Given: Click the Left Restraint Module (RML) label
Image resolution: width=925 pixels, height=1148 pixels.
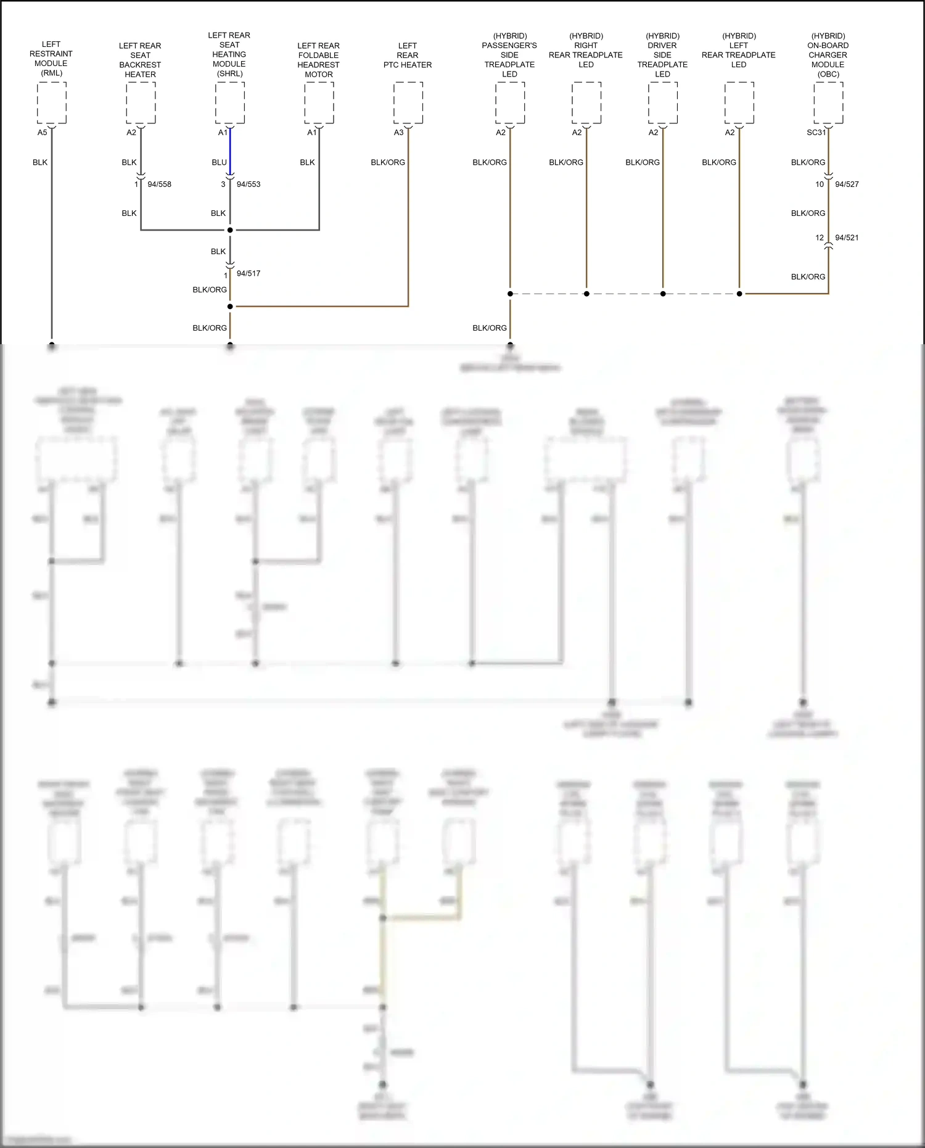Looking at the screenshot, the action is click(x=51, y=59).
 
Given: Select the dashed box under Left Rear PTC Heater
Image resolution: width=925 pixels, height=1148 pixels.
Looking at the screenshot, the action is click(x=408, y=103).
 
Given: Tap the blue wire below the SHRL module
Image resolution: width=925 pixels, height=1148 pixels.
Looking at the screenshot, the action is click(x=230, y=151).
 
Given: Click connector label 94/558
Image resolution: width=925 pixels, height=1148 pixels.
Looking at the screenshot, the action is click(x=159, y=184).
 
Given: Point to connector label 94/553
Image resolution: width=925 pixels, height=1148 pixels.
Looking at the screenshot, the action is click(x=249, y=184).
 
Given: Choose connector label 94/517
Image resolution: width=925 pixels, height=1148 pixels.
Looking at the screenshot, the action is click(x=249, y=273).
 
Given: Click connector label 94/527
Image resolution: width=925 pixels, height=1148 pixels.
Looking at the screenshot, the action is click(x=847, y=184).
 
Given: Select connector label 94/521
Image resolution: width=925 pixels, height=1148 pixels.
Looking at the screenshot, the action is click(x=847, y=237).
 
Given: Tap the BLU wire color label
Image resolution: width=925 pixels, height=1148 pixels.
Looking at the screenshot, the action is click(x=219, y=162).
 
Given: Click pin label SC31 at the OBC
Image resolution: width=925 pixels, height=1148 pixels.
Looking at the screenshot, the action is click(x=816, y=133).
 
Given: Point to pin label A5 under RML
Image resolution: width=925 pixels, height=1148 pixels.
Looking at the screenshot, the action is click(x=42, y=133).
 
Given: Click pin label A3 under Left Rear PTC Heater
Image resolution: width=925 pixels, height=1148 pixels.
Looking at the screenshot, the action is click(x=398, y=133).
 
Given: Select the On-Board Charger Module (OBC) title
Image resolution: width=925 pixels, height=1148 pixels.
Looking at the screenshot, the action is click(x=828, y=55).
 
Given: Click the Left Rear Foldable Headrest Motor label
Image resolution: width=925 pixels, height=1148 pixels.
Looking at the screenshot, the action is click(x=319, y=60).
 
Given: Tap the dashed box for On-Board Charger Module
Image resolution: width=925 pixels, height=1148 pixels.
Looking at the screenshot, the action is click(x=828, y=103).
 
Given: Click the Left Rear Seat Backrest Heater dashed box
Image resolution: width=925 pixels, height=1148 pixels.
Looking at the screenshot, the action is click(x=141, y=103).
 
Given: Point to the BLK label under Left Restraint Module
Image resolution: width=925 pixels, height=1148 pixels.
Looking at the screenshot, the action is click(x=40, y=162).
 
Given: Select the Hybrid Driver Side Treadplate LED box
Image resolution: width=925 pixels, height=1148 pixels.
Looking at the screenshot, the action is click(x=663, y=103).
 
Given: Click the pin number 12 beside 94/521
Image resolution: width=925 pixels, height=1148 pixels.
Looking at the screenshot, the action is click(x=819, y=237).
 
